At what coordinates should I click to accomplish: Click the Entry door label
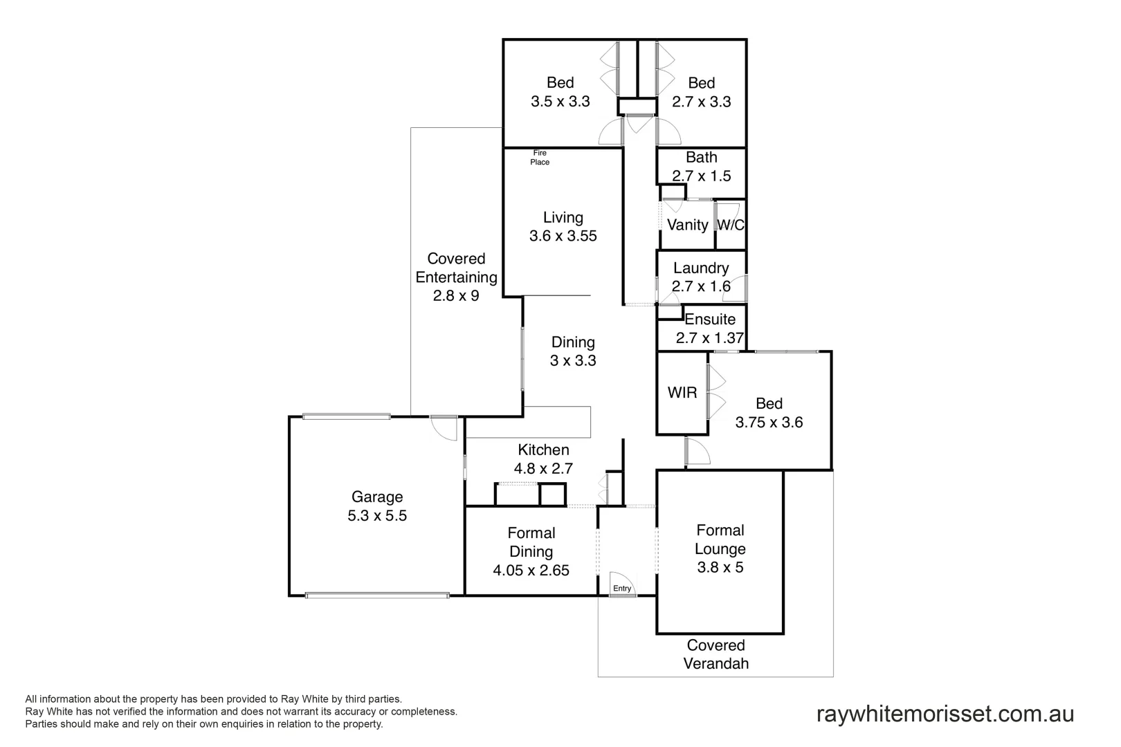point(622,589)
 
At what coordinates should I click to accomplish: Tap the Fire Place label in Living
point(540,158)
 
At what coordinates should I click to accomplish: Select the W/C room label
point(731,225)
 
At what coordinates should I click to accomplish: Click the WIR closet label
point(682,393)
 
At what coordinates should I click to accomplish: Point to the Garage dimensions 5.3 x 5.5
point(377,515)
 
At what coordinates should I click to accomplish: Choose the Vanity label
point(687,225)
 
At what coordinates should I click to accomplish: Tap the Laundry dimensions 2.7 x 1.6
point(701,286)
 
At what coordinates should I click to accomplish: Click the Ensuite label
point(710,320)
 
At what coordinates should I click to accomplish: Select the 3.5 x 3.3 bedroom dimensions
point(560,102)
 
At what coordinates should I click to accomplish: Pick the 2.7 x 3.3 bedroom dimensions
point(701,102)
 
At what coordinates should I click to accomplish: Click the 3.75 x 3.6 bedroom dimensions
point(769,423)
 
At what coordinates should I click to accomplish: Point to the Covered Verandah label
point(716,654)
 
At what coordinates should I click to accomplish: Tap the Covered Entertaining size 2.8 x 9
point(456,296)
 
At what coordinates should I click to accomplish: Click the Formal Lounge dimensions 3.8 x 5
point(720,568)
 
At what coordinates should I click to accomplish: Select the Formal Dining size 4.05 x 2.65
point(531,571)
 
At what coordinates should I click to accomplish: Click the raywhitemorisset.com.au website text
point(945,713)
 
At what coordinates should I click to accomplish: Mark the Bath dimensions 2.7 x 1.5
point(701,176)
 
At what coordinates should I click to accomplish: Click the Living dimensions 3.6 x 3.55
point(563,236)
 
